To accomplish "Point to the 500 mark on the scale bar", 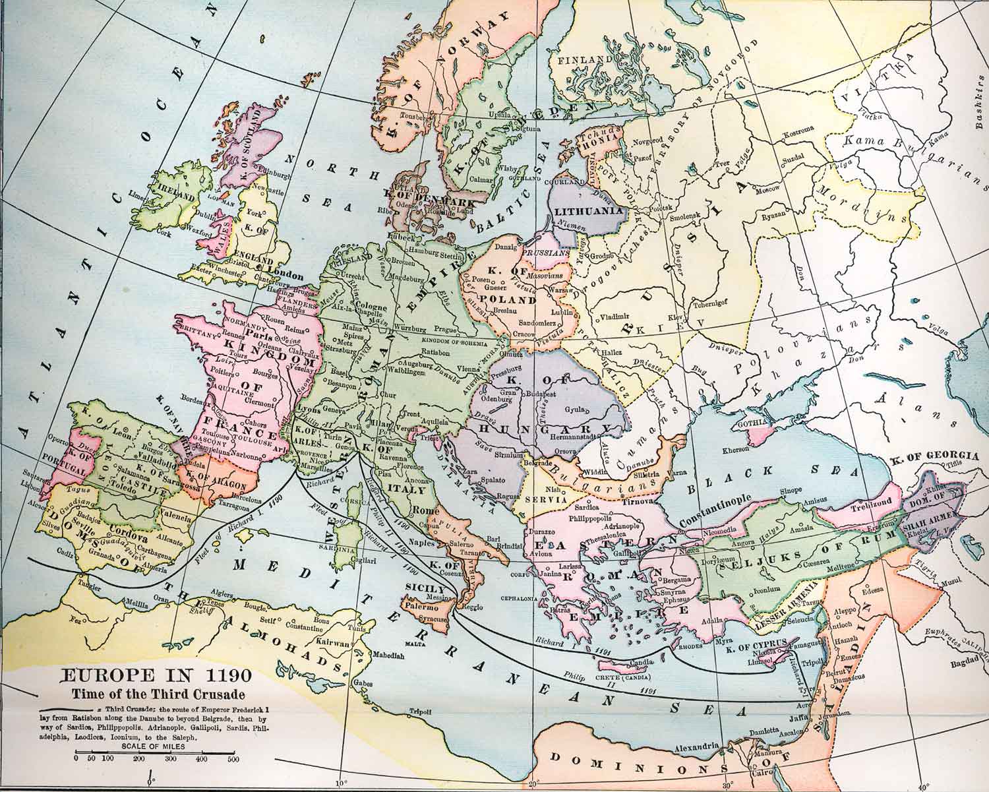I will (x=232, y=759).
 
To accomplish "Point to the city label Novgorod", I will (x=646, y=141).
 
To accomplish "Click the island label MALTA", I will (x=413, y=643).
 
